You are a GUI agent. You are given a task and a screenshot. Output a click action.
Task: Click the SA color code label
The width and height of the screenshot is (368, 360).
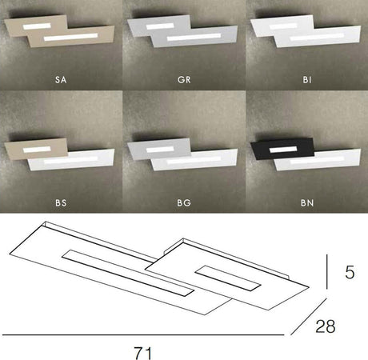[61, 81]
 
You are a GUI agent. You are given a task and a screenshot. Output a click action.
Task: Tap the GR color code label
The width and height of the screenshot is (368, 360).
[183, 81]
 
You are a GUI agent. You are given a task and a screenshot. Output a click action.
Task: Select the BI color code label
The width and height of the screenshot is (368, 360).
[306, 81]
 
